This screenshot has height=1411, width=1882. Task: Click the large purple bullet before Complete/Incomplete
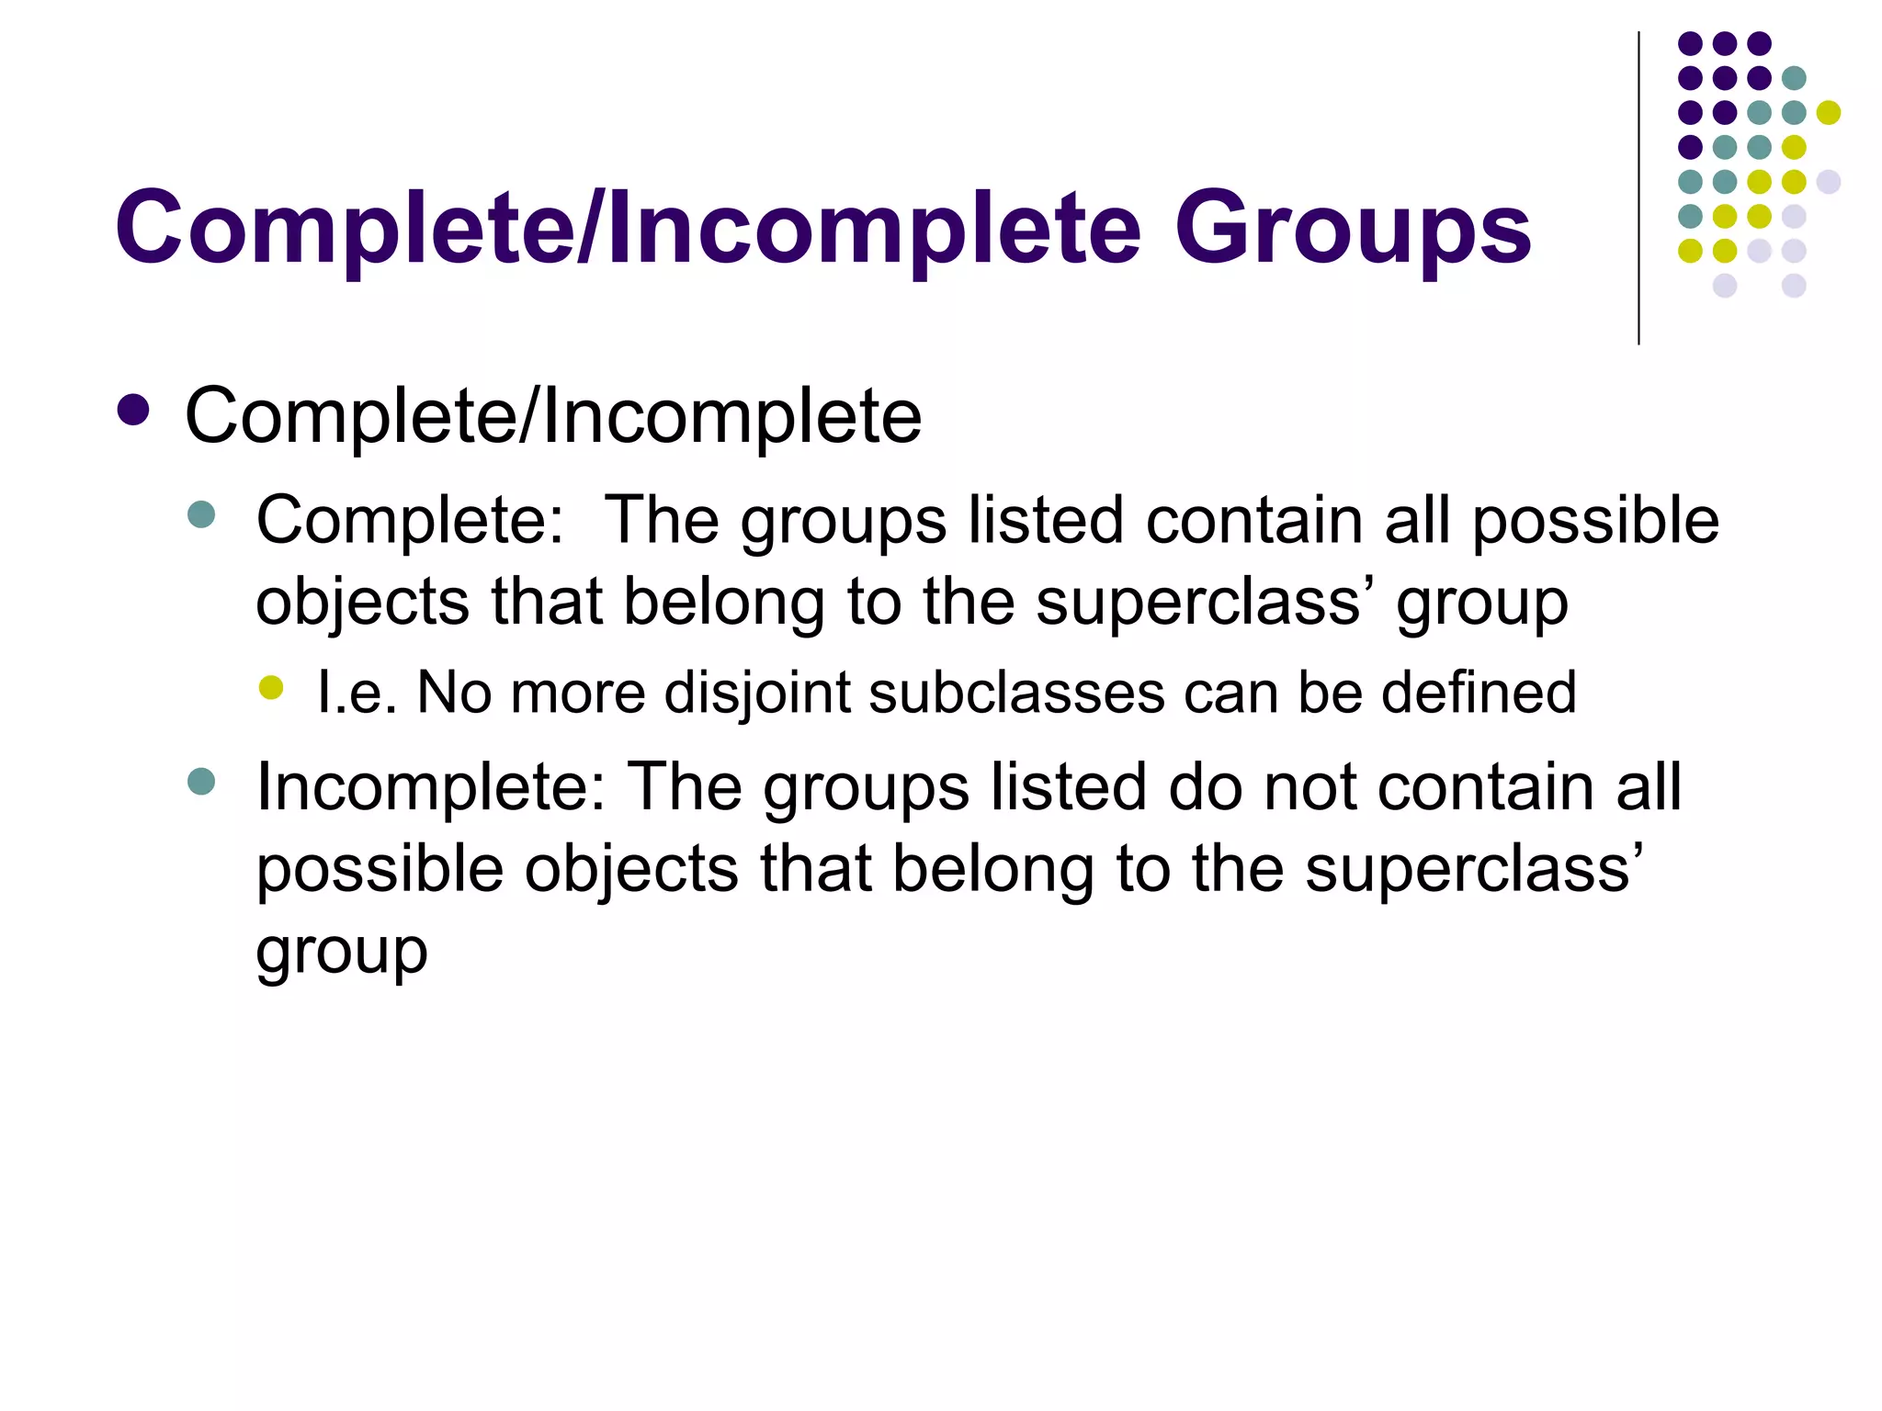(133, 411)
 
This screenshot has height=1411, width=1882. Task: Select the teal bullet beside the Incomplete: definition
(200, 782)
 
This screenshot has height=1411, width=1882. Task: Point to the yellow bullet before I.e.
(271, 687)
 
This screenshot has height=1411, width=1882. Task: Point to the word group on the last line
(342, 953)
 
